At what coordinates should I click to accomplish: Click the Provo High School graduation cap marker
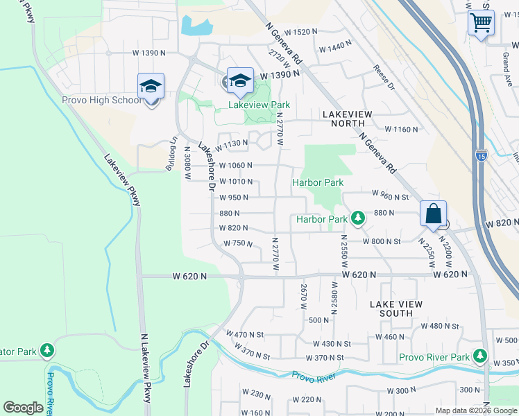coord(151,87)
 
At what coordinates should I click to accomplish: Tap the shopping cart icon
coord(480,23)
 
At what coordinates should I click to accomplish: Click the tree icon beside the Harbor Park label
coord(357,218)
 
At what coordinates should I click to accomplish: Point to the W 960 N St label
coord(390,195)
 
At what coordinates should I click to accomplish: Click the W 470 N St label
coord(246,334)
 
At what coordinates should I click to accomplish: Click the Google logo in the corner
coord(23,408)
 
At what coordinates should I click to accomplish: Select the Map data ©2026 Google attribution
coord(475,410)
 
